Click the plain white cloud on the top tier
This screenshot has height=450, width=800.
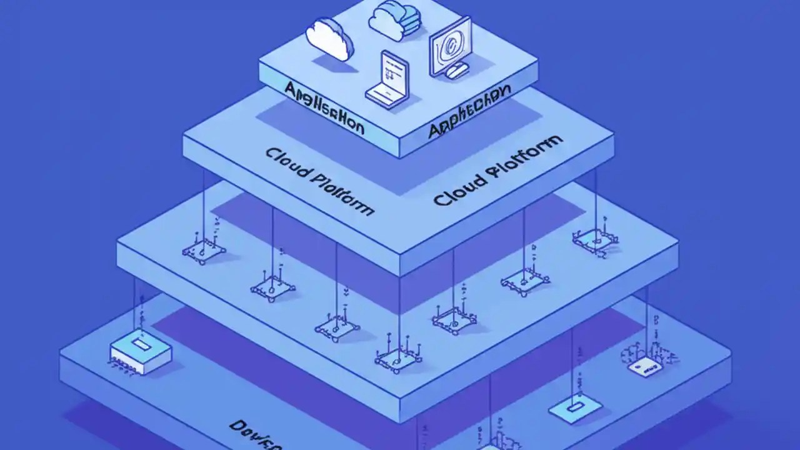point(329,39)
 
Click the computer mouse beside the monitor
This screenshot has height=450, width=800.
point(458,70)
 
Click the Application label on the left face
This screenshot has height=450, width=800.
point(324,107)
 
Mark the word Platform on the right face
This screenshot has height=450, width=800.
point(525,153)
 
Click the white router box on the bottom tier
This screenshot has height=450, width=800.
point(140,354)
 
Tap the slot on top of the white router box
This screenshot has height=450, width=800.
point(139,345)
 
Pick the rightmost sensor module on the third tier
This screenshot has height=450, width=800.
point(595,238)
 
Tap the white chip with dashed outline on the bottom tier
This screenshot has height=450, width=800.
point(644,367)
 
